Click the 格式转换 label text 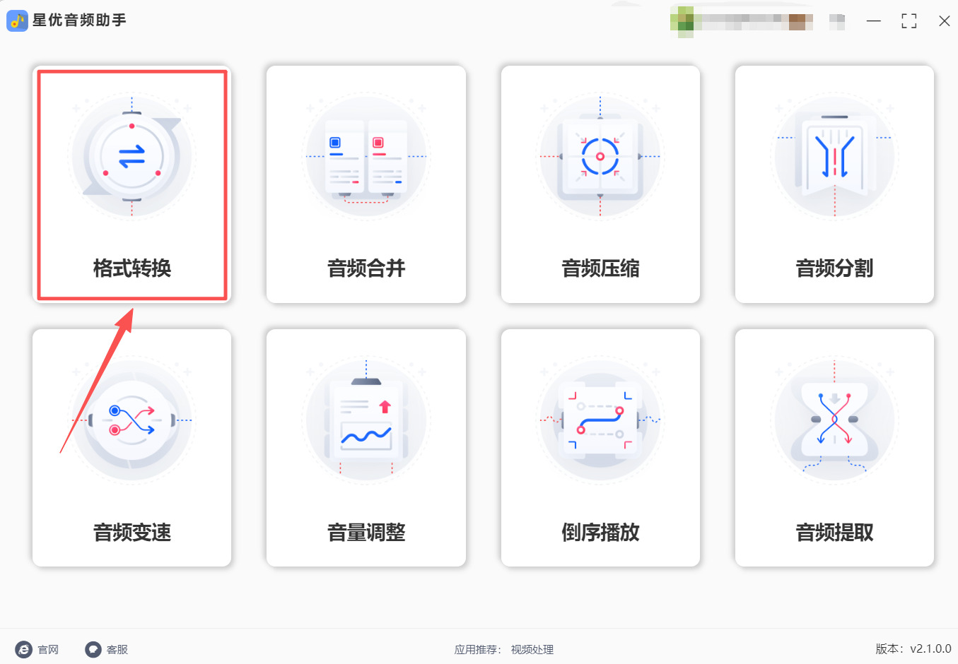tap(132, 268)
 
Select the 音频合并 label tap(366, 268)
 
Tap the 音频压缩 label tap(600, 268)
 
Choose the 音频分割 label tap(834, 268)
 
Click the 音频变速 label tap(132, 532)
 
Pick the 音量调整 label tap(366, 532)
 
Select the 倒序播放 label tap(600, 532)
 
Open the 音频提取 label tap(834, 532)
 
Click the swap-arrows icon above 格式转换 tap(132, 157)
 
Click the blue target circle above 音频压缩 tap(600, 156)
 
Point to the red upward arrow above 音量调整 tap(385, 407)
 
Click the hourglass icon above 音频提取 tap(834, 420)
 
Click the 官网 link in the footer tap(47, 650)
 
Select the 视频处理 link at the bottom tap(532, 650)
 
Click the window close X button tap(944, 21)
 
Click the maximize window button tap(909, 21)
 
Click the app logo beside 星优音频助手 tap(17, 20)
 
